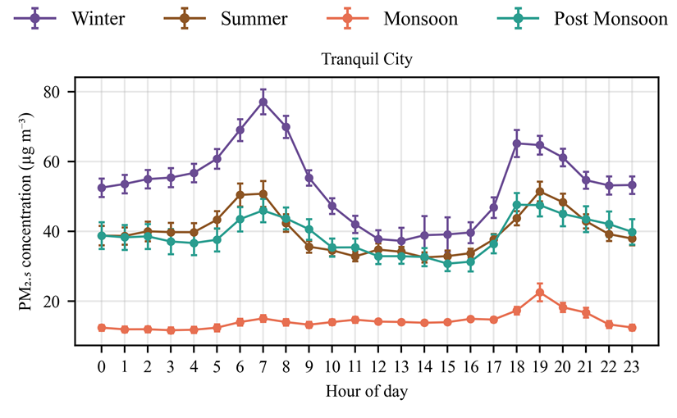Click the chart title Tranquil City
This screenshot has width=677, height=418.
[366, 60]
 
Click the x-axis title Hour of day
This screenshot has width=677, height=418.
[366, 391]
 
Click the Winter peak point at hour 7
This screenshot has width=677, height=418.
[263, 102]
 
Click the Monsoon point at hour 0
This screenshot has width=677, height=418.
[102, 328]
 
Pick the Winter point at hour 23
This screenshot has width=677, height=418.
[632, 185]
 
